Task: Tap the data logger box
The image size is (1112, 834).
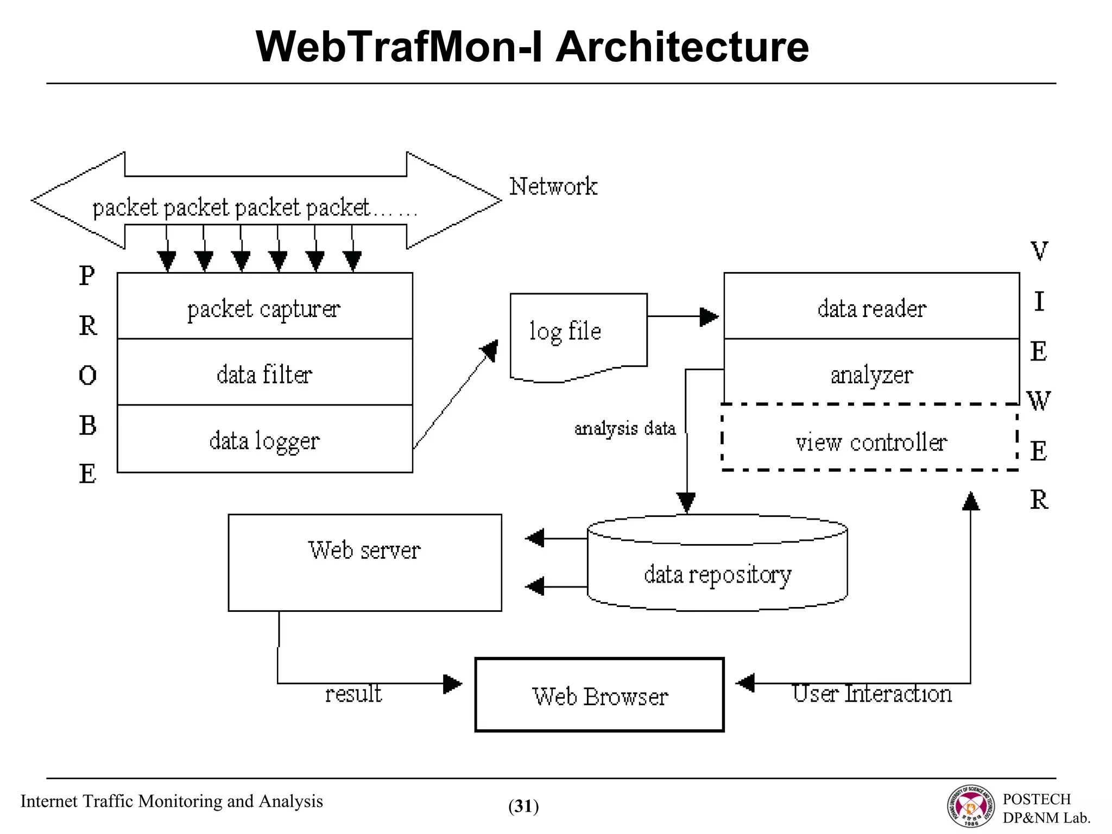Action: click(x=264, y=439)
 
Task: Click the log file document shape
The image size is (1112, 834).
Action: click(x=578, y=334)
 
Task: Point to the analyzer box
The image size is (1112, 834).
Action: click(x=871, y=374)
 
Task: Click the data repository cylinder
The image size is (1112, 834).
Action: click(x=717, y=570)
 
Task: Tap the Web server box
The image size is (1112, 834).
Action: click(x=364, y=562)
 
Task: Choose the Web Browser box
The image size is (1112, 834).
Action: click(x=599, y=695)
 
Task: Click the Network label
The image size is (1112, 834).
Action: click(x=553, y=186)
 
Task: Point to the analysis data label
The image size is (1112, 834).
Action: click(x=624, y=428)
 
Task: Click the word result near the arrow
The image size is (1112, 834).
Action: click(x=353, y=694)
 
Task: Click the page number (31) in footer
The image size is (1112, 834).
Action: click(x=523, y=806)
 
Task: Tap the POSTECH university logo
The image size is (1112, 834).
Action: click(x=971, y=806)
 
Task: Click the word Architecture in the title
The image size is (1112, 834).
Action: click(x=682, y=47)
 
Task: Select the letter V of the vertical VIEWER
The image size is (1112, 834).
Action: click(x=1039, y=251)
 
